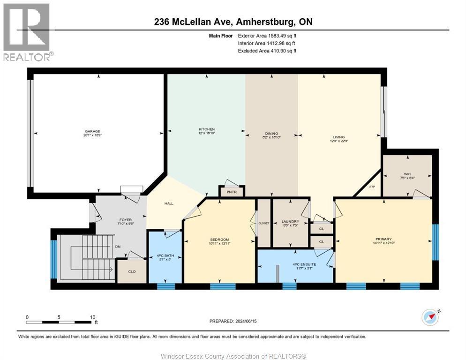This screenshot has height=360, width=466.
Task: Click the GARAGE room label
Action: (x=92, y=131)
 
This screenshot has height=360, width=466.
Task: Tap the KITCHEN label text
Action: (x=207, y=129)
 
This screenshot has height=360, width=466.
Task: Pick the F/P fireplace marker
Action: (x=373, y=187)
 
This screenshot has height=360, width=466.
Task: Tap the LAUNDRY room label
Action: (x=290, y=222)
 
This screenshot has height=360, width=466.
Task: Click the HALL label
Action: (x=156, y=203)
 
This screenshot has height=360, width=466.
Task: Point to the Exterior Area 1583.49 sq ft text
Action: (x=267, y=35)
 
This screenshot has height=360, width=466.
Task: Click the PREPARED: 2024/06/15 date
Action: (x=233, y=321)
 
